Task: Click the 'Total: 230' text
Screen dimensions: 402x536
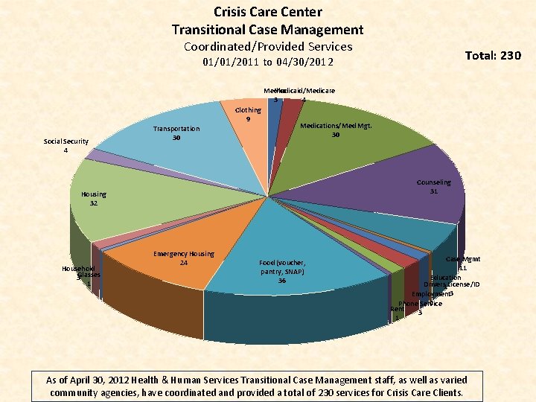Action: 493,56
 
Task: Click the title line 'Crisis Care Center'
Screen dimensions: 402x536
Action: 268,12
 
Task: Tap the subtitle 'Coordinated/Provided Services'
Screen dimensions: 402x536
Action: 268,47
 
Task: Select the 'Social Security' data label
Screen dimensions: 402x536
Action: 66,141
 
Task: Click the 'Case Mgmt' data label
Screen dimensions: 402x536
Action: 462,259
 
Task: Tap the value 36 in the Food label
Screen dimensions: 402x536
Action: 282,281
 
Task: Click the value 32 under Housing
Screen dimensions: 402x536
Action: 94,203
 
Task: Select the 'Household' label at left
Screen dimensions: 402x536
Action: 78,268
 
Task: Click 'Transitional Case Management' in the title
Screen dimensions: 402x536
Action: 268,30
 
